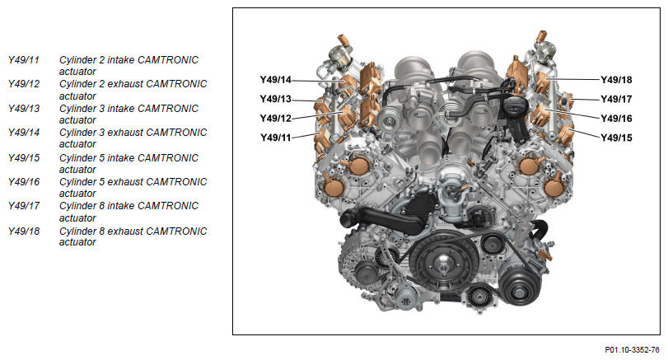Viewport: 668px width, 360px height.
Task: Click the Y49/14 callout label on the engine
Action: point(276,80)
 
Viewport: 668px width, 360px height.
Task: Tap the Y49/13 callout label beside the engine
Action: point(276,99)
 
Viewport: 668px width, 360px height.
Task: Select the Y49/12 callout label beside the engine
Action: point(276,119)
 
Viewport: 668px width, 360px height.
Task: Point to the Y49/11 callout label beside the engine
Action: point(276,138)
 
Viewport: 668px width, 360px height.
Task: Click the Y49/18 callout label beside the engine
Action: point(616,80)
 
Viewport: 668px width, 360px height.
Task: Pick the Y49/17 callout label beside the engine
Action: point(616,99)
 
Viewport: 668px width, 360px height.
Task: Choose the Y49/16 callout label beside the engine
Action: point(616,119)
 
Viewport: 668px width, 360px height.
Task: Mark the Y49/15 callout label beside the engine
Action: point(616,138)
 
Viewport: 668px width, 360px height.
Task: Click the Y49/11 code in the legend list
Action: point(24,60)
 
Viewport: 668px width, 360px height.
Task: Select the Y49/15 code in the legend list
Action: point(24,158)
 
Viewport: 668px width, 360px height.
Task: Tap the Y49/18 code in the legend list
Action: point(24,231)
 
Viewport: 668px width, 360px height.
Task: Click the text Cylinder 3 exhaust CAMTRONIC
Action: point(133,133)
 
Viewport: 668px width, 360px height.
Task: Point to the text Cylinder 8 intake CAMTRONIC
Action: point(128,206)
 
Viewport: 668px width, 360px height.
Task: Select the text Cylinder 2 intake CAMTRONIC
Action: point(128,60)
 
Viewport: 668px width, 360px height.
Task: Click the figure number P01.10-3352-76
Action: point(632,350)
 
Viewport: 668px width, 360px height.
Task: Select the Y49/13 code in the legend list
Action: point(24,109)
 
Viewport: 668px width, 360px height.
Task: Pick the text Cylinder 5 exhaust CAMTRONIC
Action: point(133,182)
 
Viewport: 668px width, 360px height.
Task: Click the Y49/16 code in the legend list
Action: point(24,182)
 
